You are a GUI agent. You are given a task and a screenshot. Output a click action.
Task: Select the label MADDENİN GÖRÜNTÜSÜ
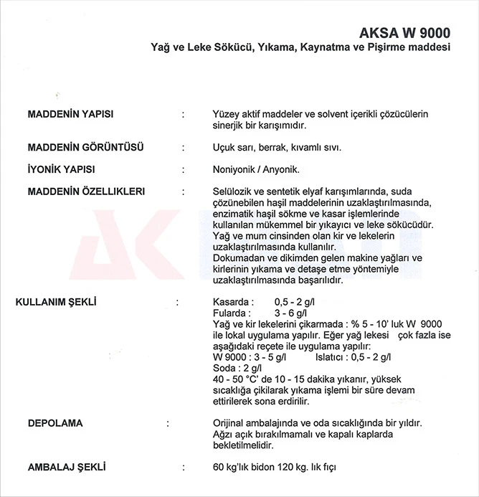pos(85,148)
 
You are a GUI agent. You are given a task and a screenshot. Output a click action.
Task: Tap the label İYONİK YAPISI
pos(61,170)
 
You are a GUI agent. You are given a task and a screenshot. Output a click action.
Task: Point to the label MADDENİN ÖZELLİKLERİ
pos(86,191)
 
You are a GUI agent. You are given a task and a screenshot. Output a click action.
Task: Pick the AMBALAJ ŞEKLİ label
pos(66,467)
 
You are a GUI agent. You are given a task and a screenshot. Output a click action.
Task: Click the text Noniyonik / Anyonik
pos(256,170)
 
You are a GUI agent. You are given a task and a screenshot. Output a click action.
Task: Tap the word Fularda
pos(230,313)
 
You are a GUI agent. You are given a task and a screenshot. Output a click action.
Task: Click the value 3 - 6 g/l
pos(290,313)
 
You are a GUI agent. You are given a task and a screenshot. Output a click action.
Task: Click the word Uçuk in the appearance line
pos(225,148)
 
